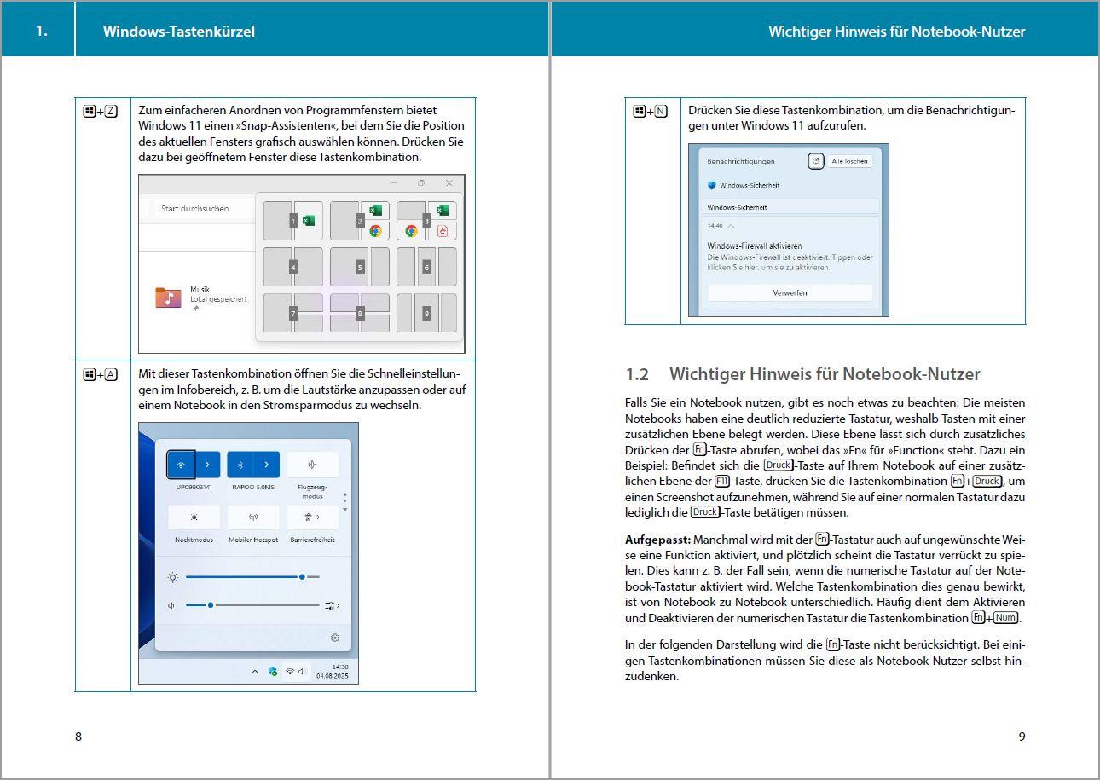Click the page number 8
tap(78, 737)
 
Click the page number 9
tap(1022, 737)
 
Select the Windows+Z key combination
tap(101, 112)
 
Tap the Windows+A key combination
tap(101, 375)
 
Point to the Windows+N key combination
tap(650, 112)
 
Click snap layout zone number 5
tap(360, 267)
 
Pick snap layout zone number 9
tap(426, 313)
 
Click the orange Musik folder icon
tap(168, 298)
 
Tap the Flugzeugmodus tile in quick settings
tap(312, 465)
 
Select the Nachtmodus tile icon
tap(194, 517)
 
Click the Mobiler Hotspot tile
tap(253, 517)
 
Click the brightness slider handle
tap(302, 577)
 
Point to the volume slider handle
tap(211, 605)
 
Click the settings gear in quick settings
tap(334, 638)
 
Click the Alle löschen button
tap(849, 161)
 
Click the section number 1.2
tap(637, 374)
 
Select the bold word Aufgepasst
tap(657, 540)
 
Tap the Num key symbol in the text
tap(1005, 618)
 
